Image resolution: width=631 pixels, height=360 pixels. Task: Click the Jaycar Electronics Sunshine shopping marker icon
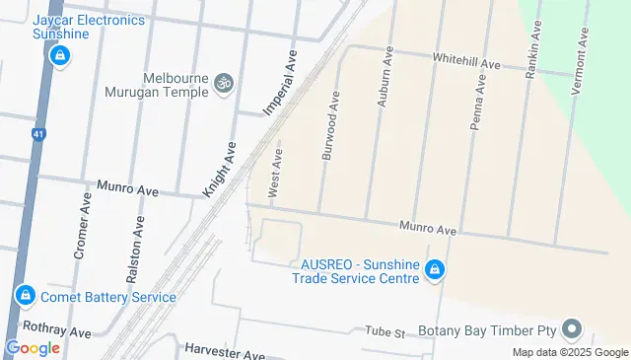[60, 55]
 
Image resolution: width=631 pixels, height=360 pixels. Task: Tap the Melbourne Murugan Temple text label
[157, 85]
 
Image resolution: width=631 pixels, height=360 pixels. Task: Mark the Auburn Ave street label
[385, 79]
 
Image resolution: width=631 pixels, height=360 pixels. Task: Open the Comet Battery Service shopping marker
[26, 295]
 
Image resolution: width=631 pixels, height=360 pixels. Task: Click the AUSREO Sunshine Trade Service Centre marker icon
[434, 269]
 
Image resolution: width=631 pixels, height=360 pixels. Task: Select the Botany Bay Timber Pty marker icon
[571, 330]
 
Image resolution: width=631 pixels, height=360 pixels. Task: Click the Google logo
[33, 347]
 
